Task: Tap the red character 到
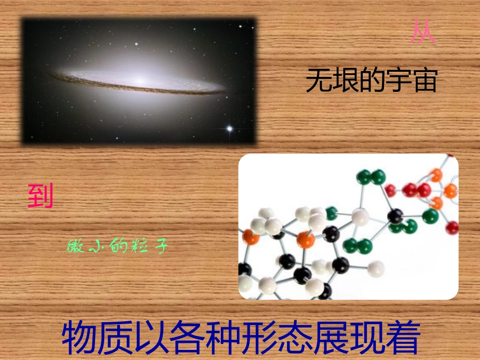coord(40,196)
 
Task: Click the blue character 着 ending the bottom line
coord(403,338)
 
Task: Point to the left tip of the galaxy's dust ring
coord(53,75)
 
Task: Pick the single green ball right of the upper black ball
coord(430,216)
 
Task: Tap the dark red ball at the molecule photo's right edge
coord(453,227)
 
